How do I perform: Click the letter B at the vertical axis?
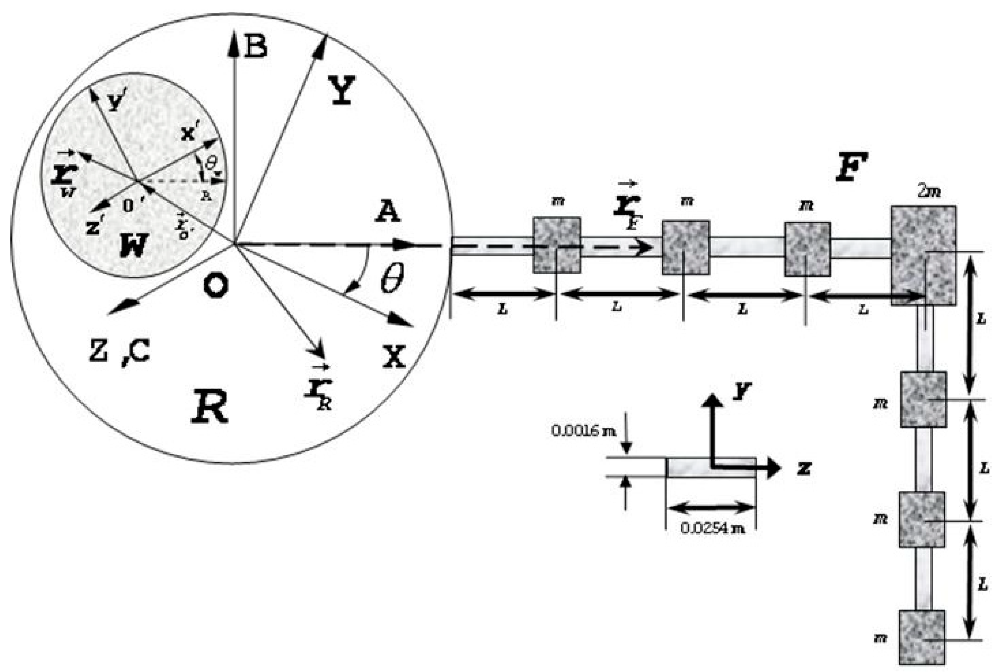256,47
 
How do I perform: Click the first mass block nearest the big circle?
556,245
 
